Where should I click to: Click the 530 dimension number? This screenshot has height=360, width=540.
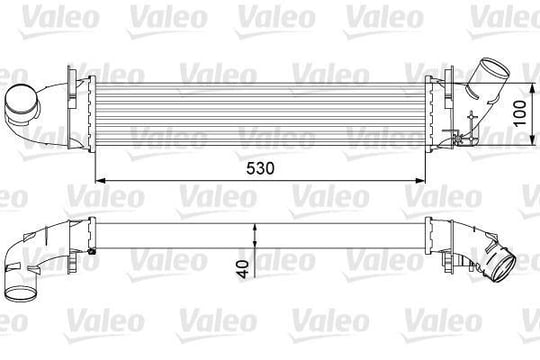260,168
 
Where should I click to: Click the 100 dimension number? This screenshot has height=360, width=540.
520,113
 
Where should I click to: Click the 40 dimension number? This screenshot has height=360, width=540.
243,269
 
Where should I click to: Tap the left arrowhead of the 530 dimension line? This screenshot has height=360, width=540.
100,180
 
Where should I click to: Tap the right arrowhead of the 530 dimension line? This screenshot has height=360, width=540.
421,180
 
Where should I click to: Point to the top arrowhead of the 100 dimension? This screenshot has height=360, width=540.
532,88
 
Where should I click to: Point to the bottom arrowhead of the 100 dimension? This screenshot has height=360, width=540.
532,140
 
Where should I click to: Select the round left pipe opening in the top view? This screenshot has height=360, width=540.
21,101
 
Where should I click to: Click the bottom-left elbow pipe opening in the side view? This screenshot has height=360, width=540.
21,294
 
